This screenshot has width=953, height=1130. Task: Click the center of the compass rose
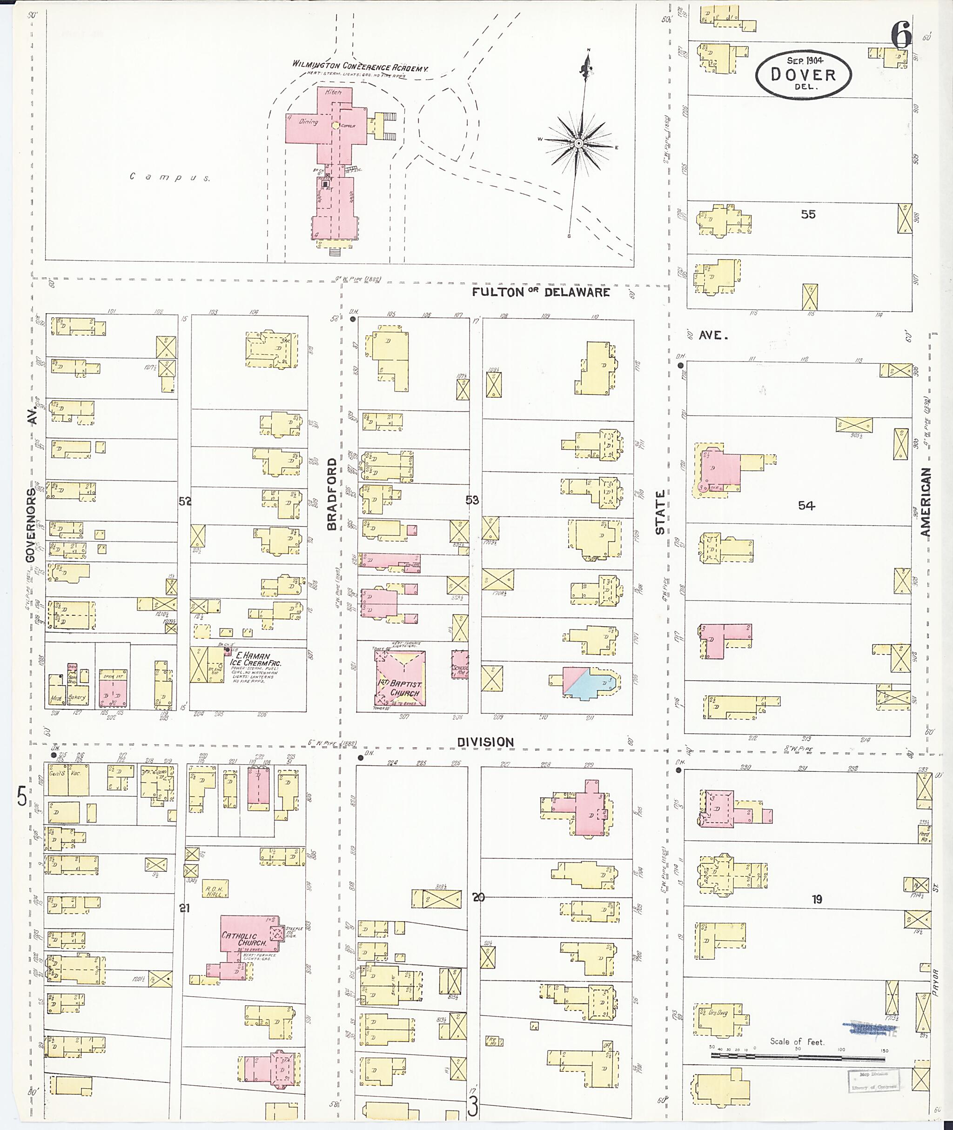pyautogui.click(x=578, y=143)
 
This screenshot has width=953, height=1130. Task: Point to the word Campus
pyautogui.click(x=170, y=177)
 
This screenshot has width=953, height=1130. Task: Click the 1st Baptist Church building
pyautogui.click(x=400, y=678)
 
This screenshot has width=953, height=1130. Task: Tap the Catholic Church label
pyautogui.click(x=244, y=939)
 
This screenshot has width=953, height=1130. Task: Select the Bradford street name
pyautogui.click(x=332, y=494)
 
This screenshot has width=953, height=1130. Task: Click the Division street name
pyautogui.click(x=485, y=742)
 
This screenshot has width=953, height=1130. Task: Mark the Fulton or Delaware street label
pyautogui.click(x=540, y=292)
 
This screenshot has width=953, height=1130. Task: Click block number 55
pyautogui.click(x=808, y=214)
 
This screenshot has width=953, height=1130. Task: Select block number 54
pyautogui.click(x=806, y=506)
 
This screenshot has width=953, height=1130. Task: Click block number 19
pyautogui.click(x=816, y=899)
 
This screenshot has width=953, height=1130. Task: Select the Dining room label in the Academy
pyautogui.click(x=309, y=122)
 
